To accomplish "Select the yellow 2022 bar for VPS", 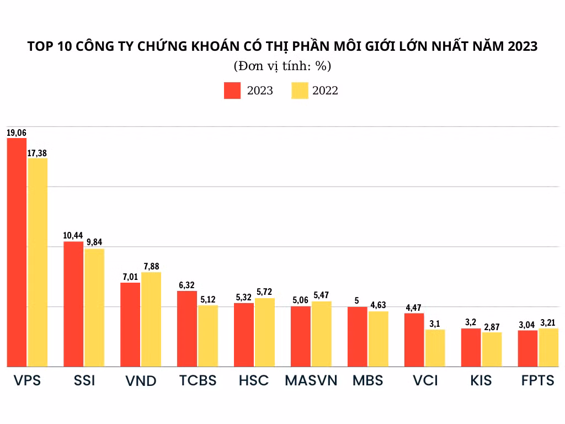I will point(38,262).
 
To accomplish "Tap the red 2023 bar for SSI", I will point(73,304).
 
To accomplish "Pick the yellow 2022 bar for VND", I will point(151,319).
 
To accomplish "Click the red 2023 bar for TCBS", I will point(187,328).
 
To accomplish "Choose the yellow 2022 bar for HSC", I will point(264,332).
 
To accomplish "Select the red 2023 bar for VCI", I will point(414,340).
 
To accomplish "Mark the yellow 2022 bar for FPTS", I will point(548,347).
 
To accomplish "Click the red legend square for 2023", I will point(232,91).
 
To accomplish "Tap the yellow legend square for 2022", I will point(300,91).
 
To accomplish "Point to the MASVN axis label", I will point(311,381).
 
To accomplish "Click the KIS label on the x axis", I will point(481,381).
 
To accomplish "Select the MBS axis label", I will point(368,381).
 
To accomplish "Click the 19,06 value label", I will point(17,133).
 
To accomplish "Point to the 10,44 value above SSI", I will point(73,236).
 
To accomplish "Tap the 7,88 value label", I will point(151,267).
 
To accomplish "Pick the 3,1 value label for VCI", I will point(435,324).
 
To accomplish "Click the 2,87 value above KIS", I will point(492,327).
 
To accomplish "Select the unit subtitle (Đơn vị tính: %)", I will point(282,66).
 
